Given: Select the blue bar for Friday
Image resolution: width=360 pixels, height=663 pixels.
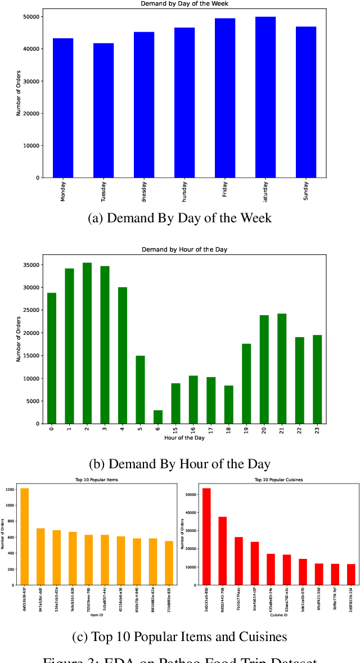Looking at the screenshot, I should coord(225,98).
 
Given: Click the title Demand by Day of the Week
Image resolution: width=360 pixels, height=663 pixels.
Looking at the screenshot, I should coord(184,4).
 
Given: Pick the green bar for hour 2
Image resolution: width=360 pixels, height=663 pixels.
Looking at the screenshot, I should coord(87,343).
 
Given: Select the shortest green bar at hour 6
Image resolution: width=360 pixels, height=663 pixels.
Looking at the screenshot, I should coord(158,417).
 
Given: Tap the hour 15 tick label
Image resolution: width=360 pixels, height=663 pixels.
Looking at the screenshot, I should coord(175,431).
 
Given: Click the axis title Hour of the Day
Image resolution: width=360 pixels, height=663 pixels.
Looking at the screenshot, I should coord(184,438).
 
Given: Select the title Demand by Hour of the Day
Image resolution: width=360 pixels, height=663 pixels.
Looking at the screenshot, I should coord(184,249).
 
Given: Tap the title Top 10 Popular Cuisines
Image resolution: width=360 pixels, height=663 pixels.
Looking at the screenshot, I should coord(279,480).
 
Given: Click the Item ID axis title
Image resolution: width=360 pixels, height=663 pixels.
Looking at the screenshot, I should coord(97,616).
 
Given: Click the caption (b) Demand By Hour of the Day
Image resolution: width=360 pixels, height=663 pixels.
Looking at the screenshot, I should coord(180,464).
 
